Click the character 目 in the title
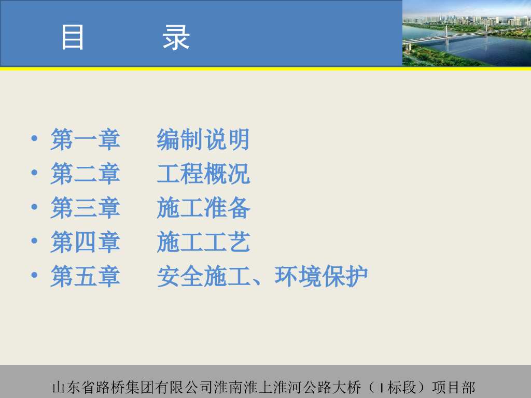click(72, 37)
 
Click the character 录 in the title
click(176, 37)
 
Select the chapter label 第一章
click(86, 139)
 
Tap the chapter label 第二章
click(86, 173)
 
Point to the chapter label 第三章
click(86, 207)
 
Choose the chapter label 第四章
click(86, 241)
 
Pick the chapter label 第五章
click(86, 276)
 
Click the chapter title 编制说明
click(203, 139)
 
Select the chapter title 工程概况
click(203, 173)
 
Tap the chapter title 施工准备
click(203, 207)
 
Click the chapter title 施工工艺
click(203, 241)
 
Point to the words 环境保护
click(321, 276)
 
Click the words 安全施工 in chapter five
click(203, 276)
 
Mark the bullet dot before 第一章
click(34, 138)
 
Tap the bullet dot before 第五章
click(34, 275)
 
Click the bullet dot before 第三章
click(34, 206)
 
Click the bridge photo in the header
click(467, 33)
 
